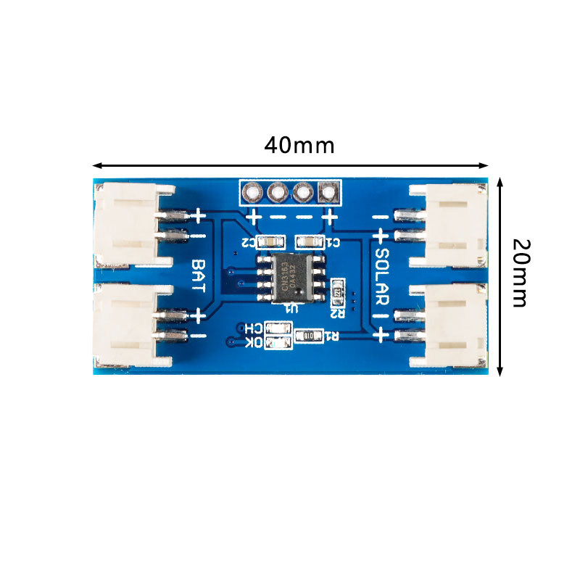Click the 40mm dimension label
[299, 145]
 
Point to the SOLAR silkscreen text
[382, 275]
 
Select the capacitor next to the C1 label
[306, 241]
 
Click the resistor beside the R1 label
[307, 336]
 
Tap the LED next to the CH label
[275, 328]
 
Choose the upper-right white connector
[453, 225]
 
